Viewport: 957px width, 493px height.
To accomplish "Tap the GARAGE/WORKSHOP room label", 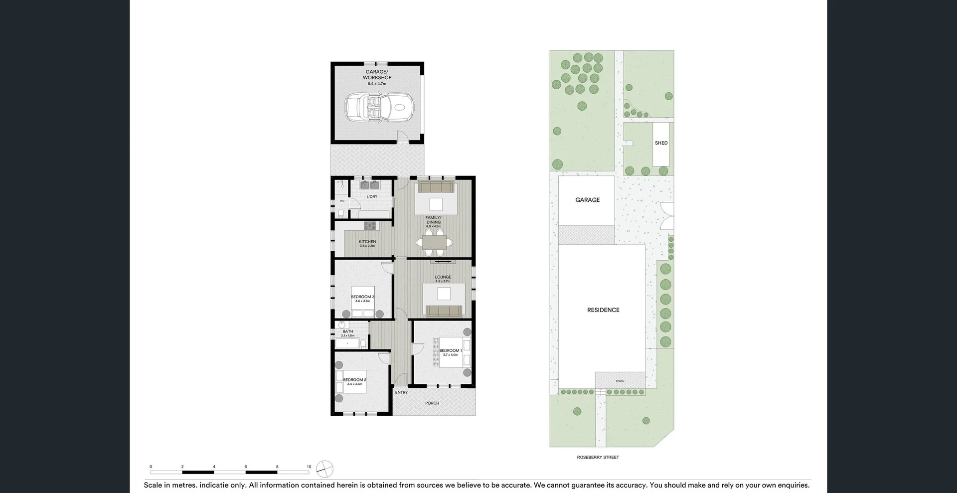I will point(377,75).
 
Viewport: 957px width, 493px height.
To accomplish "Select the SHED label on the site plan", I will point(661,143).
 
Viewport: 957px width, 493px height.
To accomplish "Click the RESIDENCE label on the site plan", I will point(603,310).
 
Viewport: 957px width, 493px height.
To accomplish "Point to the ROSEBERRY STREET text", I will point(598,457).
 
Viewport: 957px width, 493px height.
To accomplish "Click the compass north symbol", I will point(324,469).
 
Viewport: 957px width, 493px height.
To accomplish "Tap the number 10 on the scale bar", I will point(309,467).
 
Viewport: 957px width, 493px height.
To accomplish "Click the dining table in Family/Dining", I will point(434,242).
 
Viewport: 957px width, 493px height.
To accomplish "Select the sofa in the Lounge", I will point(444,311).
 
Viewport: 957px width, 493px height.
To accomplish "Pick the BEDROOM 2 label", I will point(354,380).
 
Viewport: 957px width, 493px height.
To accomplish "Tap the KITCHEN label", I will point(367,242).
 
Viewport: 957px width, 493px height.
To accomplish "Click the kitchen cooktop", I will point(370,225).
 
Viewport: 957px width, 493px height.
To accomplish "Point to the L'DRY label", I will point(372,197).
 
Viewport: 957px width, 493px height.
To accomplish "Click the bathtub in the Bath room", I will point(346,344).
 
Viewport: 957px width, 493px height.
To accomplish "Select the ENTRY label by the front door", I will point(401,392).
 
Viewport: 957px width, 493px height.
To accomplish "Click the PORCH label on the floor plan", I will point(432,403).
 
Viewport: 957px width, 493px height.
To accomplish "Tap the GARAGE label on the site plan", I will point(587,200).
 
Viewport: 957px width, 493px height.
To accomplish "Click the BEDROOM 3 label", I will point(362,297).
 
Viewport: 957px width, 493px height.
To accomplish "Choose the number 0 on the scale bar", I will point(151,467).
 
